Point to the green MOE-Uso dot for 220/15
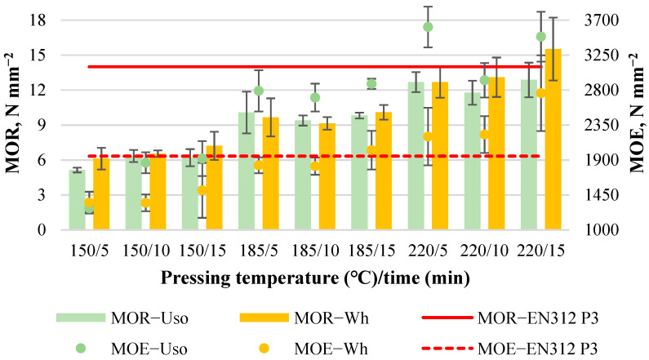(540, 37)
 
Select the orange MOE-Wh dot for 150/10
(146, 202)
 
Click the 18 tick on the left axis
(38, 20)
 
